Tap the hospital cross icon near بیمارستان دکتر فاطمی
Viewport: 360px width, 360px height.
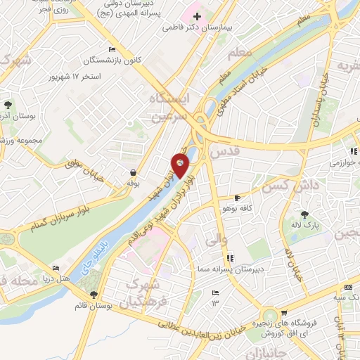(197, 16)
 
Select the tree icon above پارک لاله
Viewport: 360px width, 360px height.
(305, 214)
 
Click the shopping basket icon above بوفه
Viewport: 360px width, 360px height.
(133, 173)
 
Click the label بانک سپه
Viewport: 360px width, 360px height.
(342, 296)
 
